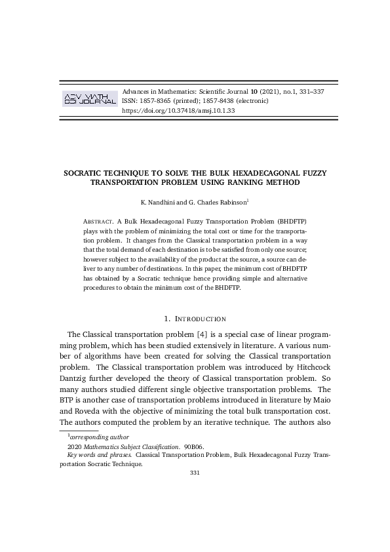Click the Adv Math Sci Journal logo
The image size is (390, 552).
point(88,100)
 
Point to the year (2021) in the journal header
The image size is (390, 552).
point(267,91)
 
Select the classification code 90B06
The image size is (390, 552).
point(194,446)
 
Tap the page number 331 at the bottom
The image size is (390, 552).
point(195,473)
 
